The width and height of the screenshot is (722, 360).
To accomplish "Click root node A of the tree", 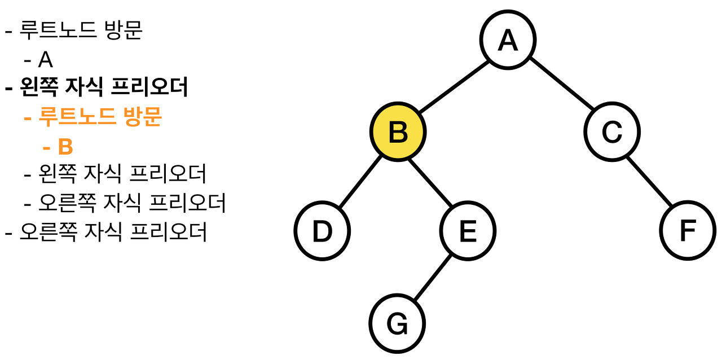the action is tap(508, 40).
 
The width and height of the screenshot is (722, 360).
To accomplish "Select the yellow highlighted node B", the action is tap(398, 132).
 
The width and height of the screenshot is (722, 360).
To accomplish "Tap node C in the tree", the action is tap(612, 132).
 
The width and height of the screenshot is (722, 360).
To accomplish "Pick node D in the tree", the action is tap(322, 231).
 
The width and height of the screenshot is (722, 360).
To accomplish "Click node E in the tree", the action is tap(468, 231).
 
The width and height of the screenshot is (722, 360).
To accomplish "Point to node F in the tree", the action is tap(688, 231).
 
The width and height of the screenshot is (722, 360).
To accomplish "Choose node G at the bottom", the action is tap(397, 323).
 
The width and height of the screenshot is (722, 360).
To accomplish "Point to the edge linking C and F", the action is tap(650, 182).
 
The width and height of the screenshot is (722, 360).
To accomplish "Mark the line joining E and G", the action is tap(433, 278).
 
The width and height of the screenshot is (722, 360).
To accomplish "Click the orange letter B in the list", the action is tap(65, 147).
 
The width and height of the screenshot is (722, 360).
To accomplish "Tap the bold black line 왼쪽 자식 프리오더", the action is tap(104, 87).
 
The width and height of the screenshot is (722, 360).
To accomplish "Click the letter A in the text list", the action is tap(45, 59).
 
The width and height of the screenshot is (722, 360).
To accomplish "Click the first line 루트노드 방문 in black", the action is tap(81, 30).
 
